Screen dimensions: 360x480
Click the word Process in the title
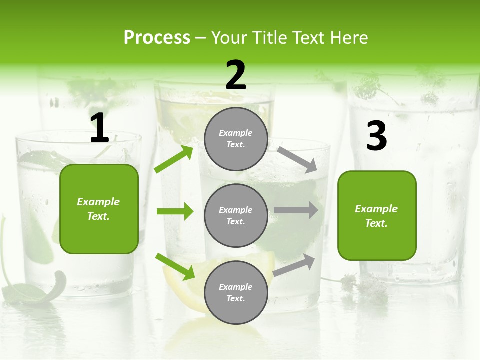click(x=157, y=38)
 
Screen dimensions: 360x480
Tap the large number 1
click(x=99, y=128)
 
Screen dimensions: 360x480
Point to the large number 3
click(x=376, y=136)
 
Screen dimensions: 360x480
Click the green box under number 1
click(x=99, y=209)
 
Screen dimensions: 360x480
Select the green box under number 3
click(x=377, y=215)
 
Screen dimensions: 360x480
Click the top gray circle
click(x=236, y=139)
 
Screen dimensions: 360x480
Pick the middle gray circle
click(x=236, y=215)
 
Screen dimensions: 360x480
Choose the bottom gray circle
click(x=236, y=292)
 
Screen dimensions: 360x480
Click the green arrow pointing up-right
click(x=174, y=159)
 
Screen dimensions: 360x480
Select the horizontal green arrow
click(x=175, y=211)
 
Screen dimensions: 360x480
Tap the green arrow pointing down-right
click(x=175, y=266)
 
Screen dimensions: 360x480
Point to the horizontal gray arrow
click(x=296, y=210)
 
